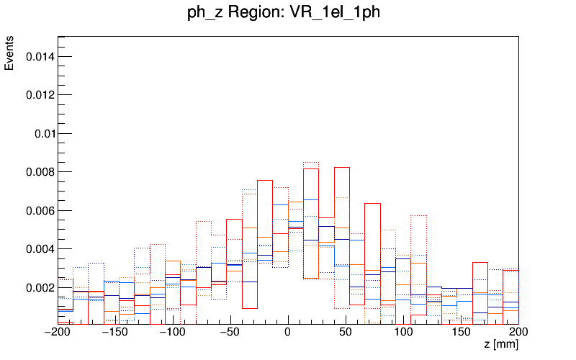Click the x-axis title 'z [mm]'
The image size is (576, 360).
click(x=500, y=346)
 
